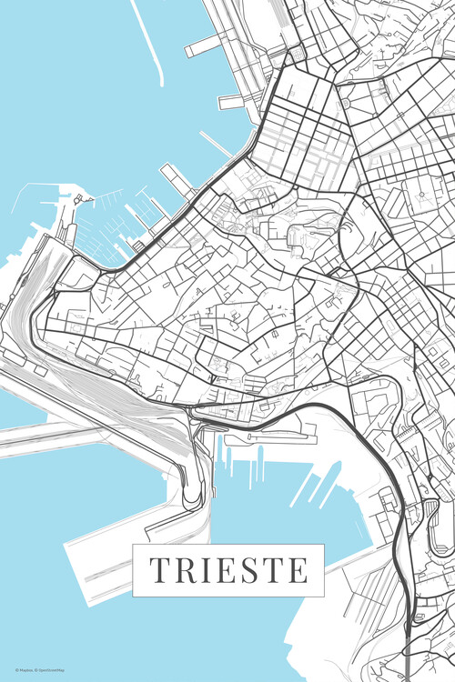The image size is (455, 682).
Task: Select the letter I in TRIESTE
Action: click(202, 570)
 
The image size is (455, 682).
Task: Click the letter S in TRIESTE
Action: click(242, 570)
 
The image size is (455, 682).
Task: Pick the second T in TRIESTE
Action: click(266, 570)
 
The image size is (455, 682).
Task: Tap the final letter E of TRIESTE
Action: click(294, 570)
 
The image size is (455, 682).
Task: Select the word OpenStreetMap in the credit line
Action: click(54, 669)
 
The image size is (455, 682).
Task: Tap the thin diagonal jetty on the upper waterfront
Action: click(217, 144)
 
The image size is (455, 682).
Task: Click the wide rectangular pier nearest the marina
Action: click(177, 179)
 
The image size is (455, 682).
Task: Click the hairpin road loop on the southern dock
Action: click(192, 496)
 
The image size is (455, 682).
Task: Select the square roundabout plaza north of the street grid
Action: click(296, 56)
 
